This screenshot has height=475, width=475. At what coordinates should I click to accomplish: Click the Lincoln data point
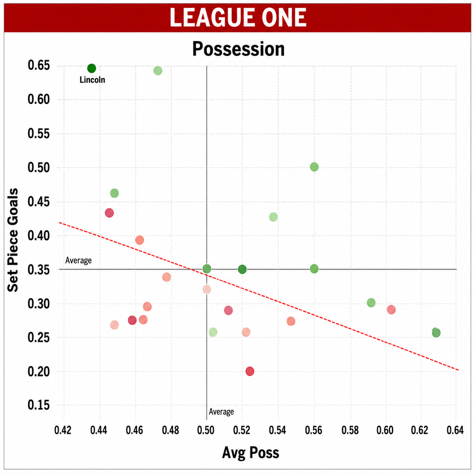[x=91, y=68]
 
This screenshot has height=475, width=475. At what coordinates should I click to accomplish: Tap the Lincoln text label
[x=92, y=80]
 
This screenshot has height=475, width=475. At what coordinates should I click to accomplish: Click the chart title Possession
[x=238, y=49]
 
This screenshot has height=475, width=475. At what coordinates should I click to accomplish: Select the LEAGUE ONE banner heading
[x=238, y=17]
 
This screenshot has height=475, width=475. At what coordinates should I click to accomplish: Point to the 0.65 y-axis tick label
[x=39, y=66]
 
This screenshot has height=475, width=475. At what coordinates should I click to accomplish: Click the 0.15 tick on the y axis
[x=39, y=405]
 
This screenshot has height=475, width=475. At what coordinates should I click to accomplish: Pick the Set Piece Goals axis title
[x=13, y=240]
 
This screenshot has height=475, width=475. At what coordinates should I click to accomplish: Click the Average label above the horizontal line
[x=78, y=260]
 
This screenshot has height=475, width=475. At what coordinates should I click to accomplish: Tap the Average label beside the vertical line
[x=221, y=412]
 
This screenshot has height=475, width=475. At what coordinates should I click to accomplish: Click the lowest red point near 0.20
[x=250, y=371]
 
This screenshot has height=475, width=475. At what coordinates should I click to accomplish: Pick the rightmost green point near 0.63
[x=436, y=333]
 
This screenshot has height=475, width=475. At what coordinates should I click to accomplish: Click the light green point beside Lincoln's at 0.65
[x=158, y=71]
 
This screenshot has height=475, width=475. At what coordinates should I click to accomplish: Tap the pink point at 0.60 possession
[x=391, y=309]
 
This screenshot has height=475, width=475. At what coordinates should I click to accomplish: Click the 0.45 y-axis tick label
[x=39, y=202]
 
